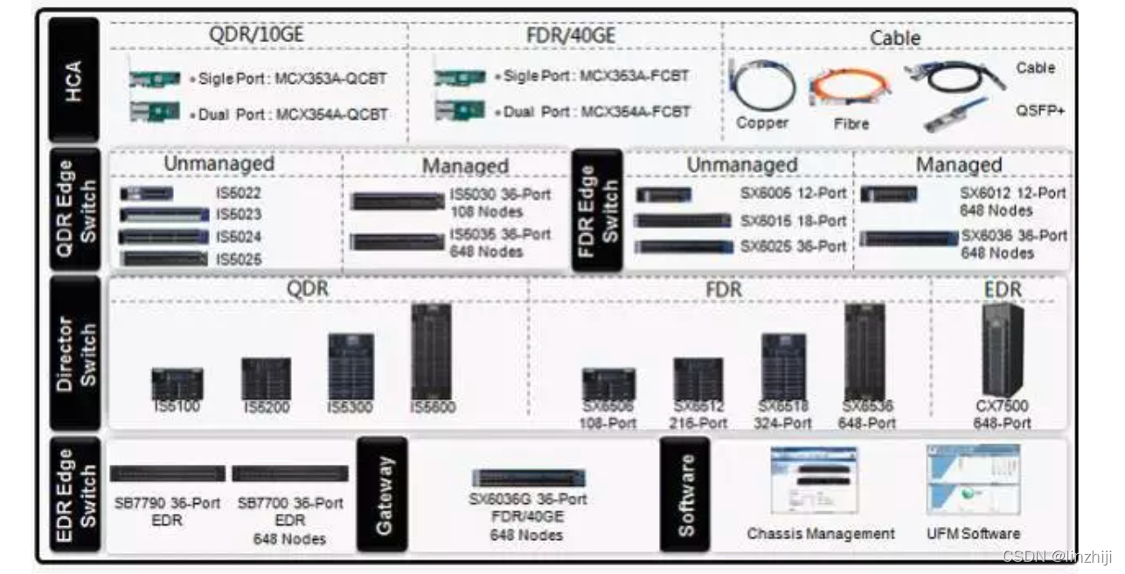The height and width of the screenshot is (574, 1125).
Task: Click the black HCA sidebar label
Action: (73, 84)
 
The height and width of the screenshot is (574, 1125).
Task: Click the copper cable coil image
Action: (762, 86)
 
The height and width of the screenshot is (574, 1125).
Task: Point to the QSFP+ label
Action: (1036, 111)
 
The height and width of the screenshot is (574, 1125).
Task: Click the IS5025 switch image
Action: (163, 259)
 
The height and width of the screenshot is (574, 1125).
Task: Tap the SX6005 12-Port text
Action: (793, 194)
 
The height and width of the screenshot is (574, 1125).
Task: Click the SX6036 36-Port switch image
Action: (909, 238)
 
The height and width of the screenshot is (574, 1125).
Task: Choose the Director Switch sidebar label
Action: (73, 353)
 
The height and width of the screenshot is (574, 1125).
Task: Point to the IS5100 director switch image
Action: (177, 384)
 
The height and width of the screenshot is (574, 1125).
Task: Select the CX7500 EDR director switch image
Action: (1002, 349)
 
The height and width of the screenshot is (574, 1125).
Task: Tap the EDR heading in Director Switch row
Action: (1002, 289)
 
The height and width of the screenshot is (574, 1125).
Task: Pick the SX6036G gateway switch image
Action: (529, 478)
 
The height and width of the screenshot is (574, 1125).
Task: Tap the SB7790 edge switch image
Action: (167, 474)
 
